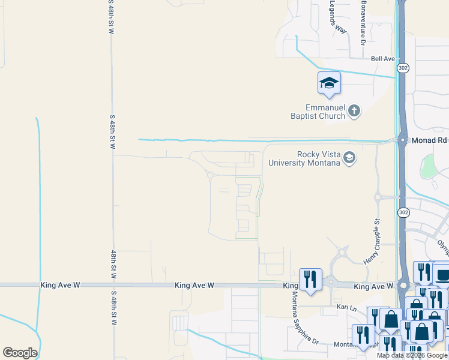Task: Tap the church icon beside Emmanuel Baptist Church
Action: pyautogui.click(x=355, y=110)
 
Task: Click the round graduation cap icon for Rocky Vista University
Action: pyautogui.click(x=349, y=158)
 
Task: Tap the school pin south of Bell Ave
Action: pyautogui.click(x=329, y=83)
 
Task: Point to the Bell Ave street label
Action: pyautogui.click(x=382, y=59)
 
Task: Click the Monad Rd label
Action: pyautogui.click(x=429, y=140)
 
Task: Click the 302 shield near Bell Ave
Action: pyautogui.click(x=403, y=68)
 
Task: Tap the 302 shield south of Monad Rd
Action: pyautogui.click(x=403, y=212)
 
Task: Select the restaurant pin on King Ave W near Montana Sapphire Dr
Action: pyautogui.click(x=310, y=280)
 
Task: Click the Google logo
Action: pyautogui.click(x=20, y=353)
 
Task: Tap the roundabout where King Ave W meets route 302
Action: pyautogui.click(x=403, y=286)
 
